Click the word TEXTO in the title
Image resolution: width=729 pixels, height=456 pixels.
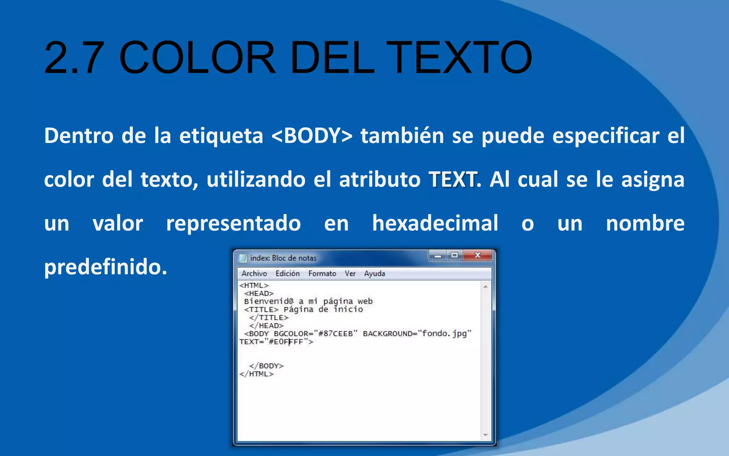459,58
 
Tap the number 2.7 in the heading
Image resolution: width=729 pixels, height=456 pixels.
74,58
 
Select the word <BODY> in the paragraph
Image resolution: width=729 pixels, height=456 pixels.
312,136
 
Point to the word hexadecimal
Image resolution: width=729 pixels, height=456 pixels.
435,223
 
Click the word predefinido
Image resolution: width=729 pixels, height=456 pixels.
105,267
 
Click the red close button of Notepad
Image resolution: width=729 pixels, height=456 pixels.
478,255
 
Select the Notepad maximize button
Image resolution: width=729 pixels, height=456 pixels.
455,255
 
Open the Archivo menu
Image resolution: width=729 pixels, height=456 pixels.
254,274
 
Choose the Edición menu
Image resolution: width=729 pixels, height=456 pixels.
288,274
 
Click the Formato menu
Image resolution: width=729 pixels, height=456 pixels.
322,274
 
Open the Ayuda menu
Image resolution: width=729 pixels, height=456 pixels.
374,274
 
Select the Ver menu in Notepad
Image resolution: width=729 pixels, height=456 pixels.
350,274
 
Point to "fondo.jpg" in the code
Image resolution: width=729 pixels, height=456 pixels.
445,334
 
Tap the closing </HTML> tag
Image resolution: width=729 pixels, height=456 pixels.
257,374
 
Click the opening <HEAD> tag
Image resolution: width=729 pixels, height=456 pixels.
259,294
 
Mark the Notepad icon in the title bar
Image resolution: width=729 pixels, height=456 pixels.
243,258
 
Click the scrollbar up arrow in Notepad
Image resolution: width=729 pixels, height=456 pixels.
486,287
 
